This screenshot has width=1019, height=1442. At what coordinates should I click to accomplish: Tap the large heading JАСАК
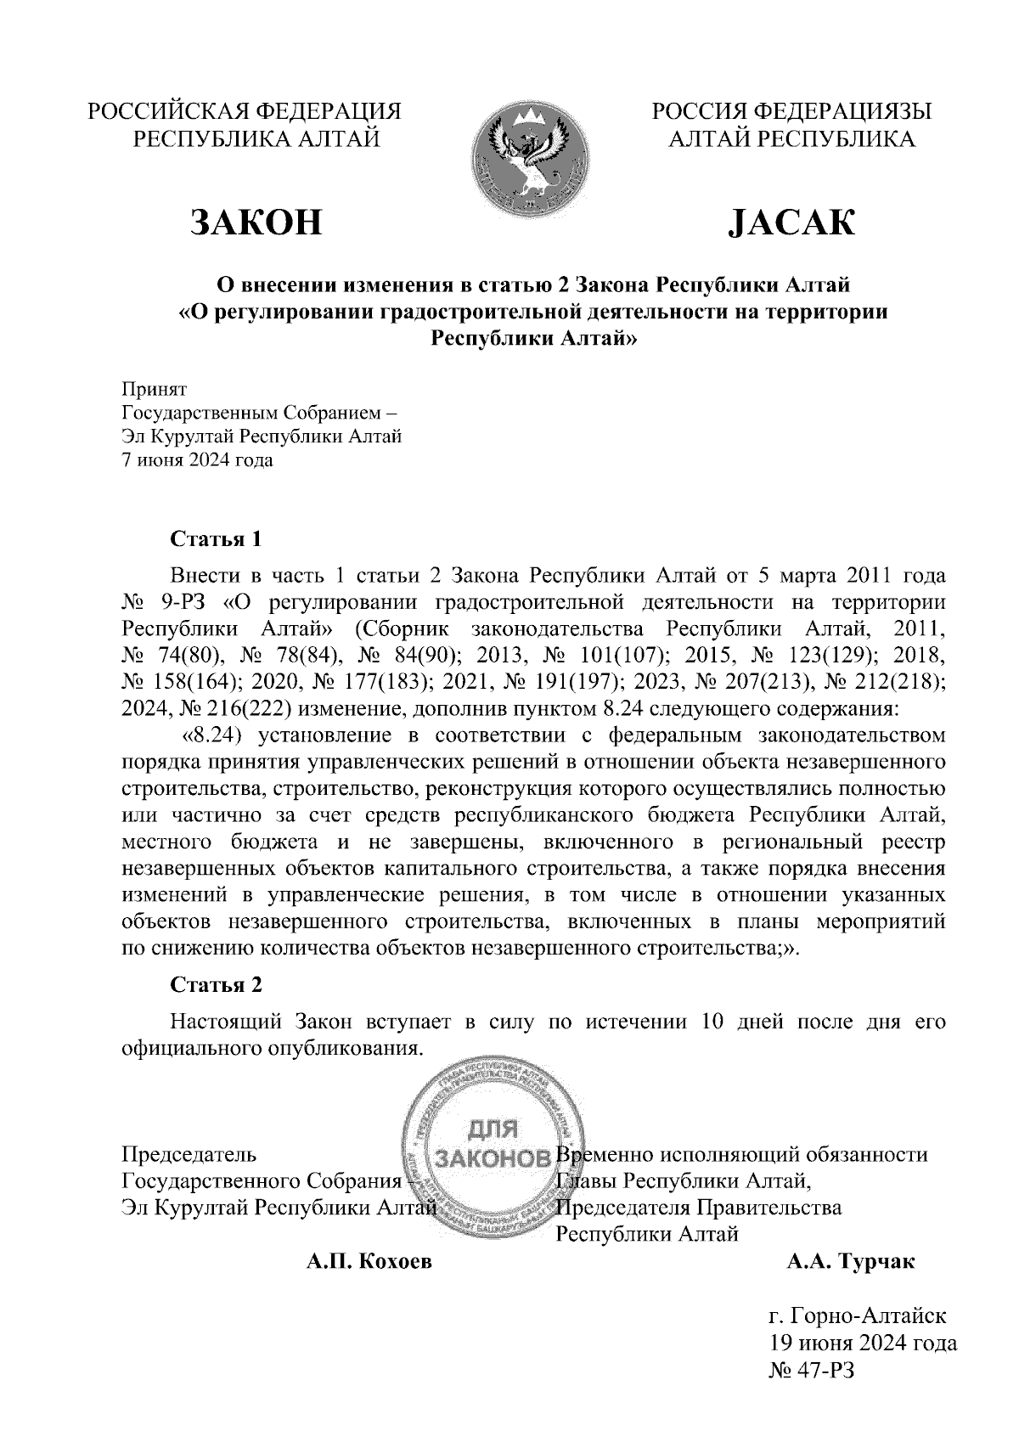(x=791, y=222)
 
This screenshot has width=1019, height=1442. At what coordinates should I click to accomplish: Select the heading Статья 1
(x=217, y=539)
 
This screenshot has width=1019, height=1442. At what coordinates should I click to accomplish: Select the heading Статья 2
(x=217, y=985)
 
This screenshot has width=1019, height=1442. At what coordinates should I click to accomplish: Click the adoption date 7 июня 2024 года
(x=198, y=461)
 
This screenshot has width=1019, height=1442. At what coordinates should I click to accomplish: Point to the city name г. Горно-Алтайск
(x=857, y=1316)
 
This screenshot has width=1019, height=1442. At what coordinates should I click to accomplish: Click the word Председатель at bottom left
(x=189, y=1155)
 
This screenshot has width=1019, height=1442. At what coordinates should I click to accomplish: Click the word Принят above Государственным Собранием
(x=154, y=389)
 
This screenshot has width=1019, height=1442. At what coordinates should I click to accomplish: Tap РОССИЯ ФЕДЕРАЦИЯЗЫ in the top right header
(x=791, y=111)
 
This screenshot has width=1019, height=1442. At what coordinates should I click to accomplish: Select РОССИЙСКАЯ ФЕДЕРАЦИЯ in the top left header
(x=245, y=111)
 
